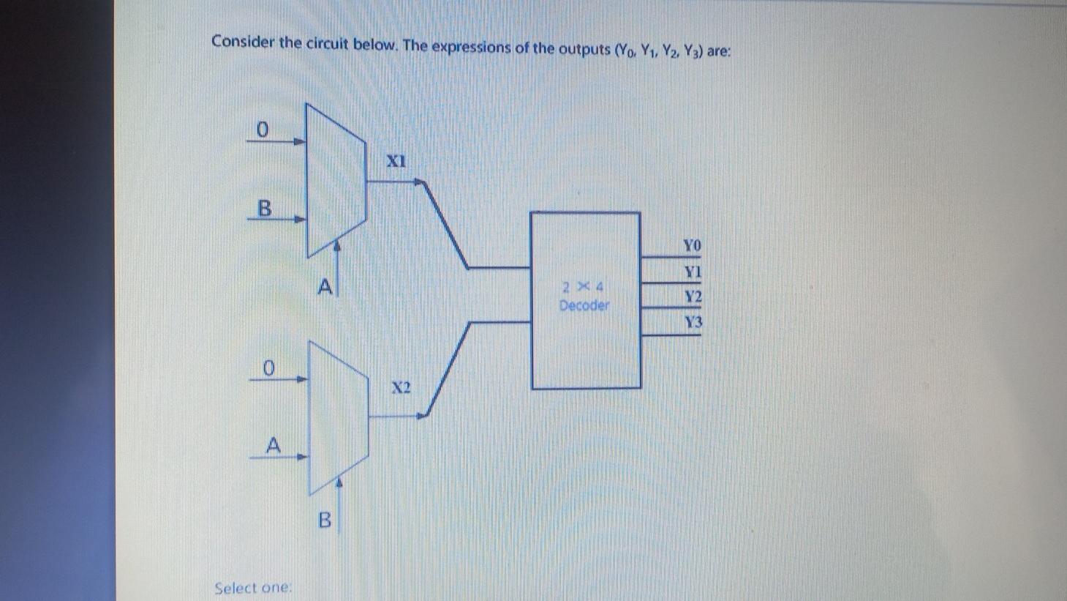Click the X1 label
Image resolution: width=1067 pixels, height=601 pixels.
click(x=396, y=160)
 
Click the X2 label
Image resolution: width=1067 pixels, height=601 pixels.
click(x=400, y=387)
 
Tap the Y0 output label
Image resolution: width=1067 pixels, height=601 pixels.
click(x=692, y=245)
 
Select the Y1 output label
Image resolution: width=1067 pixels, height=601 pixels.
click(x=693, y=272)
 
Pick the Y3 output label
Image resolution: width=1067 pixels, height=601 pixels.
click(x=693, y=322)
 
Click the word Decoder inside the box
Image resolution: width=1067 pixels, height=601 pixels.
click(x=584, y=305)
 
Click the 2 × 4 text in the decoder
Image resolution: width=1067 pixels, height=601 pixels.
click(x=583, y=286)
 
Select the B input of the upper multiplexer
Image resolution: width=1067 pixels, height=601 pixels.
click(x=264, y=209)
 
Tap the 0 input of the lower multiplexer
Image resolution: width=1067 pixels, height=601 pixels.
click(x=268, y=367)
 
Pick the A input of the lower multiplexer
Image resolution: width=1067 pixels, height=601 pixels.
click(x=273, y=444)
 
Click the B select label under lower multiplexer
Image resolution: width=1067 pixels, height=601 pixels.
click(x=325, y=520)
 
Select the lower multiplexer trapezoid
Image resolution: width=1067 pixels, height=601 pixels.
click(x=338, y=417)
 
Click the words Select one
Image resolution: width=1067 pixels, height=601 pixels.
click(x=253, y=588)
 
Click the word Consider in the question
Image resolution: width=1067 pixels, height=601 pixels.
click(x=243, y=42)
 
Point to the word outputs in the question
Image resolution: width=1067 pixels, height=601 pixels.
click(x=584, y=48)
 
